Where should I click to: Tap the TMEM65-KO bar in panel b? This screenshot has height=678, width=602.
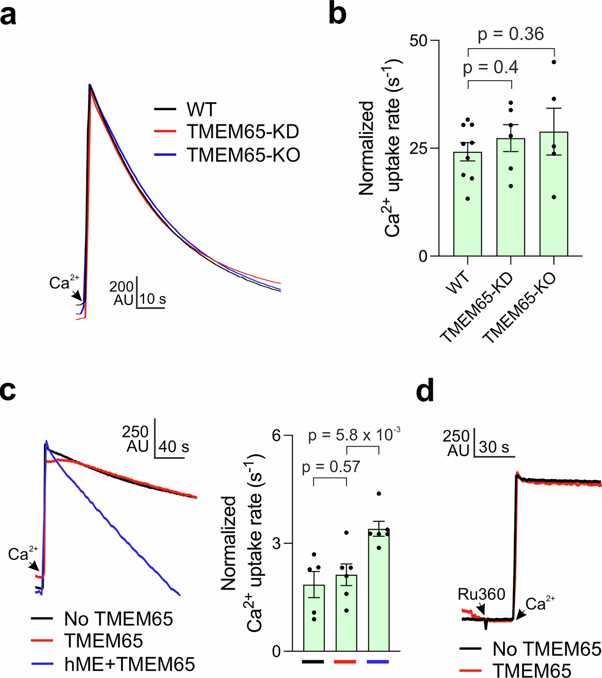[x=554, y=194]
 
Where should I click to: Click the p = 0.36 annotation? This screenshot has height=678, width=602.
[x=510, y=34]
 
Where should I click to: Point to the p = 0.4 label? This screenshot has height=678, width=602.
[x=490, y=67]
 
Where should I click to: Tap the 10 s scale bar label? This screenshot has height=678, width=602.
[x=153, y=299]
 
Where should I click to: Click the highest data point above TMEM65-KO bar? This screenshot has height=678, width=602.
[x=554, y=62]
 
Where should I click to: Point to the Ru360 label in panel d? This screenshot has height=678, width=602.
[x=481, y=594]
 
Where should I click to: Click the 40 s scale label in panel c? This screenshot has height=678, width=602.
[x=174, y=446]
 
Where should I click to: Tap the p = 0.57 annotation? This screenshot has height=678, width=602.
[x=331, y=467]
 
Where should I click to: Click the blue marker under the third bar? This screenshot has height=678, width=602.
[x=378, y=662]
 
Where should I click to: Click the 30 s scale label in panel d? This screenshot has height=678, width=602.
[x=494, y=447]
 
